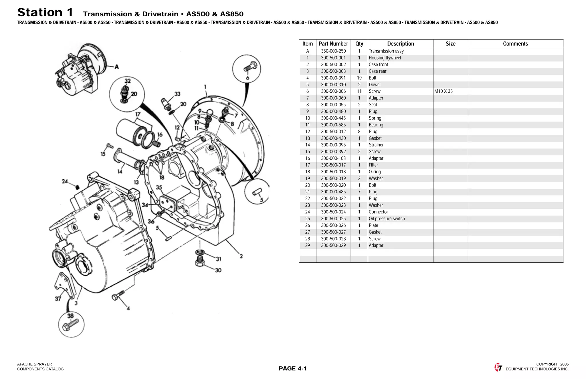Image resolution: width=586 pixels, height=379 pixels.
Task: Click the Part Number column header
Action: pyautogui.click(x=333, y=44)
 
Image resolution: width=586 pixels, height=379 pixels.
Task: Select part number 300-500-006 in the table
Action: pyautogui.click(x=333, y=91)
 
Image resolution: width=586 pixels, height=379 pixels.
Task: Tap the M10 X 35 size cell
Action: pyautogui.click(x=443, y=91)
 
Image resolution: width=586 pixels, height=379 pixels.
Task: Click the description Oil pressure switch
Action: pyautogui.click(x=387, y=219)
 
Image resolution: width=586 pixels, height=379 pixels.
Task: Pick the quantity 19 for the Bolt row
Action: pyautogui.click(x=359, y=78)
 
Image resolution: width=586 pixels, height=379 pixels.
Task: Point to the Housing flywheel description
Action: pyautogui.click(x=385, y=58)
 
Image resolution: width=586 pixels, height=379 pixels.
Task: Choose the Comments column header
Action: pyautogui.click(x=515, y=44)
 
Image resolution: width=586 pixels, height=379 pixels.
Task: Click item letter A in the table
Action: pyautogui.click(x=308, y=51)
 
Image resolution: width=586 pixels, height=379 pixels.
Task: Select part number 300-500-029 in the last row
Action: pyautogui.click(x=333, y=245)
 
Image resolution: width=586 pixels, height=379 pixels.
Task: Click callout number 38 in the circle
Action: pyautogui.click(x=70, y=316)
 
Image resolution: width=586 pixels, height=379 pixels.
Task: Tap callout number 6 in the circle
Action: pyautogui.click(x=248, y=78)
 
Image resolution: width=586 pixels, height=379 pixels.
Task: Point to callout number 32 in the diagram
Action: pyautogui.click(x=127, y=81)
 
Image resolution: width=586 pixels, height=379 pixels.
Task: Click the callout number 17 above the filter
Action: pyautogui.click(x=138, y=114)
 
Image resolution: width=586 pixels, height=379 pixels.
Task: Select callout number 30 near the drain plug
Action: pyautogui.click(x=218, y=270)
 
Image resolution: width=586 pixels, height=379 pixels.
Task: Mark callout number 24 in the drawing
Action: pyautogui.click(x=65, y=181)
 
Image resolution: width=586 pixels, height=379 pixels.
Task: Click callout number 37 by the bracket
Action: pyautogui.click(x=58, y=299)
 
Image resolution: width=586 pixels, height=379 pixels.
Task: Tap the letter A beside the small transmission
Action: pyautogui.click(x=117, y=67)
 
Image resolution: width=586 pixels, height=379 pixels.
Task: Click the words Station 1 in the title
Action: pyautogui.click(x=45, y=13)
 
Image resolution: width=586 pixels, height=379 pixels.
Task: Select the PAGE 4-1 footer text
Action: pyautogui.click(x=292, y=368)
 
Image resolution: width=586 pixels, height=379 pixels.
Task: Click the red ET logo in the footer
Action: pyautogui.click(x=498, y=367)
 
